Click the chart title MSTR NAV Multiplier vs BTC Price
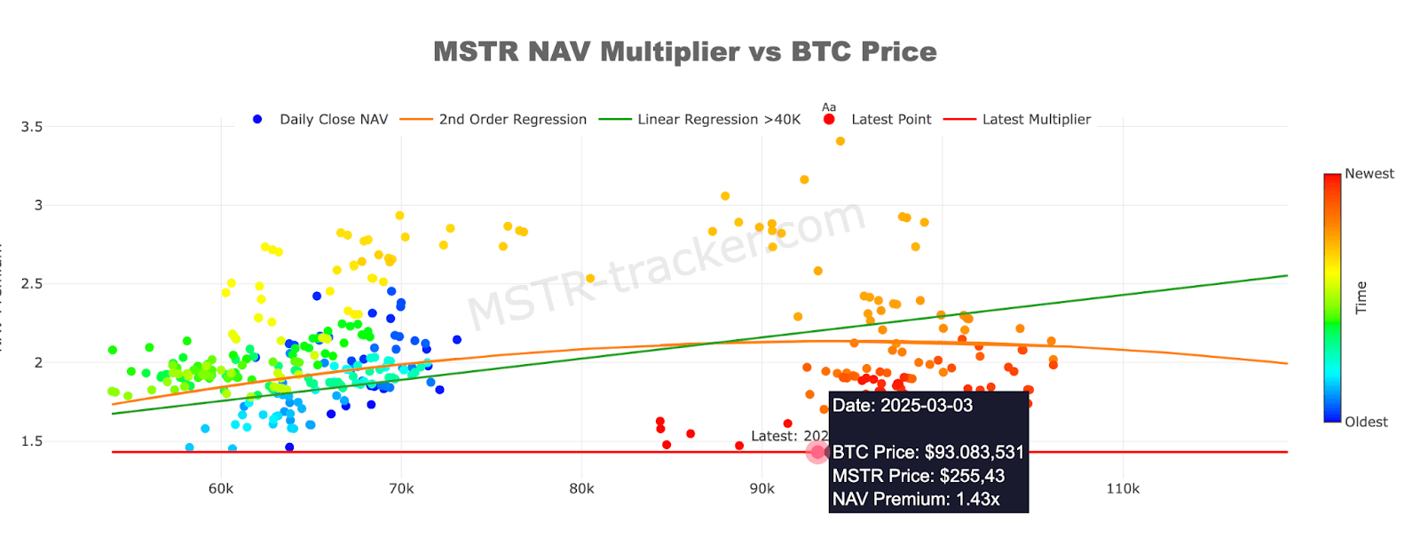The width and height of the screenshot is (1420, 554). (x=684, y=51)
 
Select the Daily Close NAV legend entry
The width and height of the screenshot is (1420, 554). (x=333, y=119)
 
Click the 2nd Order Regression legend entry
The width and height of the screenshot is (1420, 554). (x=512, y=119)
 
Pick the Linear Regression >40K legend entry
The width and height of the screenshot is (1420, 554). (x=718, y=119)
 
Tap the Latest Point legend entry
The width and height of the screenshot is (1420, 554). (x=890, y=119)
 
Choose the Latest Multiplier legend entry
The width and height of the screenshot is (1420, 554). (x=1036, y=119)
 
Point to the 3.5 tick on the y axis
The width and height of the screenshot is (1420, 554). (x=32, y=127)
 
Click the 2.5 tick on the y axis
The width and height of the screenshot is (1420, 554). (x=32, y=284)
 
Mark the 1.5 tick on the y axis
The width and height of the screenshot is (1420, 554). (x=32, y=441)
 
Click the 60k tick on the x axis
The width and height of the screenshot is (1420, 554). (x=221, y=488)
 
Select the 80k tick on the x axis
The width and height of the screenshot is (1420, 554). (x=581, y=488)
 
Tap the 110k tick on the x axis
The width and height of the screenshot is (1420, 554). (x=1123, y=488)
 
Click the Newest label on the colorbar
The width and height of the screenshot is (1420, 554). (x=1369, y=174)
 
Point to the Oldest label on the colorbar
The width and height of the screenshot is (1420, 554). (x=1366, y=422)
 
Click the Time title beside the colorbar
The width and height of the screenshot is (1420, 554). (x=1361, y=297)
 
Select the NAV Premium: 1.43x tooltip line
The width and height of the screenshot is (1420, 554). (x=916, y=499)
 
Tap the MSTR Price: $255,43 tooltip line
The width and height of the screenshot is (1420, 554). (x=919, y=476)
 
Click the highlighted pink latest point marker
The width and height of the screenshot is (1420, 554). (x=817, y=452)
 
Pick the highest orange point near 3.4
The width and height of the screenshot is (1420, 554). (x=840, y=141)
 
